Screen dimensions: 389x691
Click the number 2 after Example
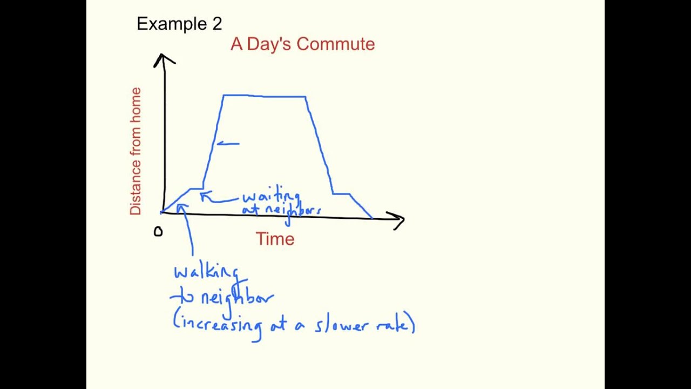[x=216, y=24]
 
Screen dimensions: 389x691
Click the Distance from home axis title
[x=135, y=151]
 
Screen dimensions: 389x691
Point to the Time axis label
[x=275, y=239]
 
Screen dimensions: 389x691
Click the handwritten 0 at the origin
[x=158, y=232]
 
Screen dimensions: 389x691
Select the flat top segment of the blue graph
[x=265, y=96]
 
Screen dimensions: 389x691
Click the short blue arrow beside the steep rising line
[x=228, y=144]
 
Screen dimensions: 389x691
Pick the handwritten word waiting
[x=271, y=197]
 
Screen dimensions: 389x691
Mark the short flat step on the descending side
[x=341, y=193]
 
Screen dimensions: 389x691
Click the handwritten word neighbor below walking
[x=236, y=297]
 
